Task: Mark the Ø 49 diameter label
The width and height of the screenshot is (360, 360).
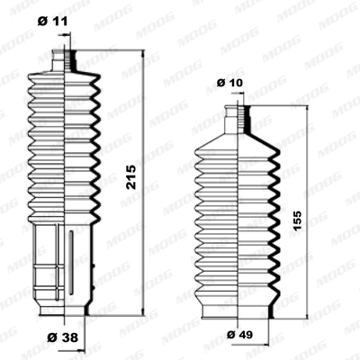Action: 237,335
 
